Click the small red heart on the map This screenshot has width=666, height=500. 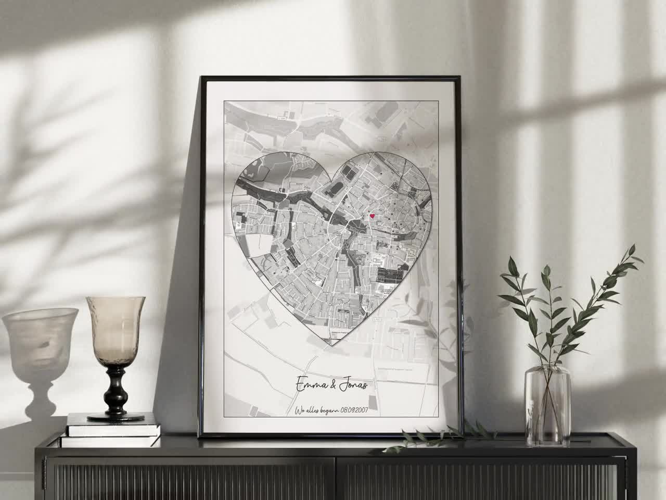[372, 216]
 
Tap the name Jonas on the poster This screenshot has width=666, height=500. [351, 386]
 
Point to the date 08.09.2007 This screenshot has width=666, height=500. [353, 410]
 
